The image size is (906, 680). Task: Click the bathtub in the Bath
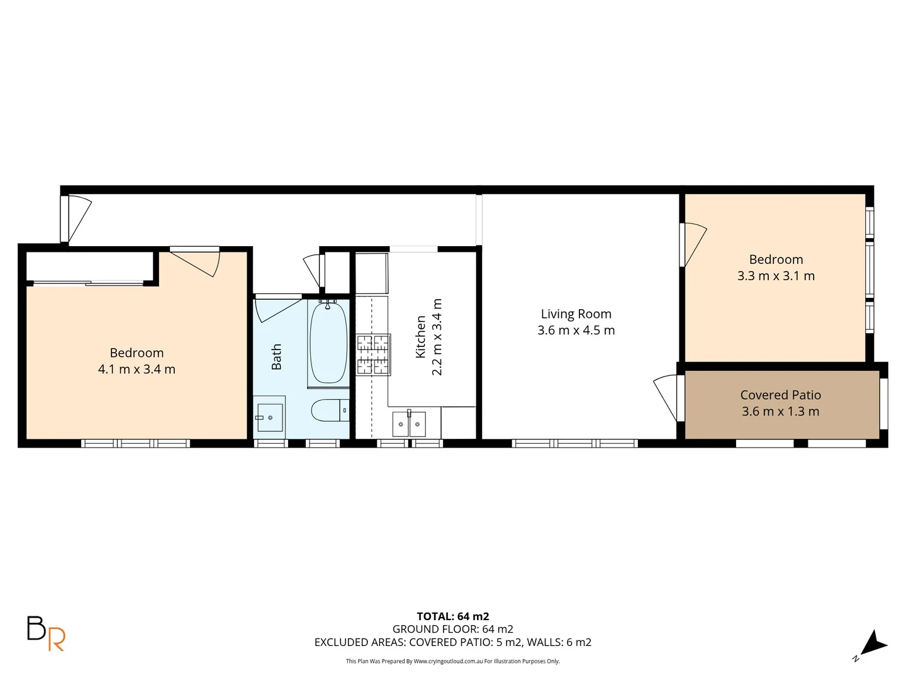coord(328,343)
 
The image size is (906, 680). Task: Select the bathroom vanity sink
coord(269,414)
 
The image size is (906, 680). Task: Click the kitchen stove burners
coord(373,354)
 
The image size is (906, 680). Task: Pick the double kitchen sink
coord(409,424)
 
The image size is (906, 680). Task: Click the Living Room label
coord(576,314)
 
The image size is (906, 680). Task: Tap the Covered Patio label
coord(780,395)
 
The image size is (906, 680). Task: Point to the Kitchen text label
coord(421,337)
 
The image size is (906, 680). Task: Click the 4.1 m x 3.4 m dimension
coord(137,370)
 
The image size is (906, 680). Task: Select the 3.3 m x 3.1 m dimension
coord(776,276)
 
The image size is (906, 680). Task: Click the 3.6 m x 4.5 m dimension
coord(576,331)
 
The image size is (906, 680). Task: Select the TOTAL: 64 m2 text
coord(452,616)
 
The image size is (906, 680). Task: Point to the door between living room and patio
coord(667,397)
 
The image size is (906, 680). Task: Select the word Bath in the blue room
coord(276,357)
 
